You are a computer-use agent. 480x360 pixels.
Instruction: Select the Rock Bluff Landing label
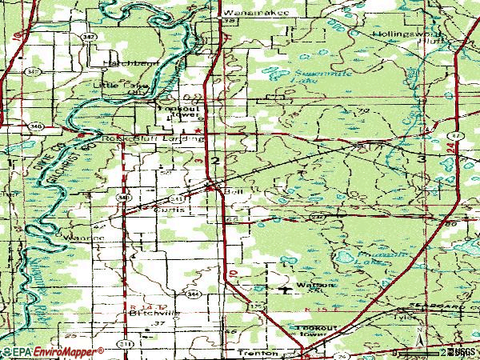(155, 138)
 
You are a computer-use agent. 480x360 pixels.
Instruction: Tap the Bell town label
(233, 191)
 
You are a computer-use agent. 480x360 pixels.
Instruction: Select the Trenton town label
(258, 352)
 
